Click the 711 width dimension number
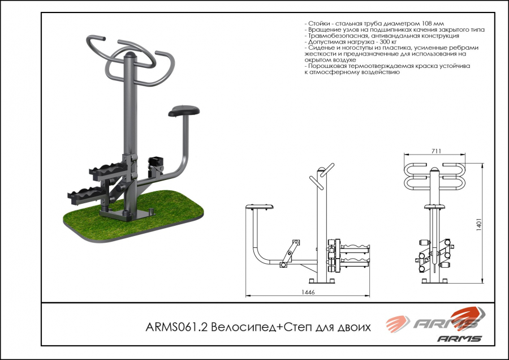click(436, 151)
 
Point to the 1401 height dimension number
click(478, 224)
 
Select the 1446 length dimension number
click(308, 292)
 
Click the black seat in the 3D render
click(184, 110)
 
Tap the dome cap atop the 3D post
click(131, 54)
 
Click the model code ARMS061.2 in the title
click(176, 327)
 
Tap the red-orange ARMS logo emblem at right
click(468, 316)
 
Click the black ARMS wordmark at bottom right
click(459, 338)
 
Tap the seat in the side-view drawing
click(260, 206)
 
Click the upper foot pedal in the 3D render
click(108, 170)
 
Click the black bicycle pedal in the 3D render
click(156, 161)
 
